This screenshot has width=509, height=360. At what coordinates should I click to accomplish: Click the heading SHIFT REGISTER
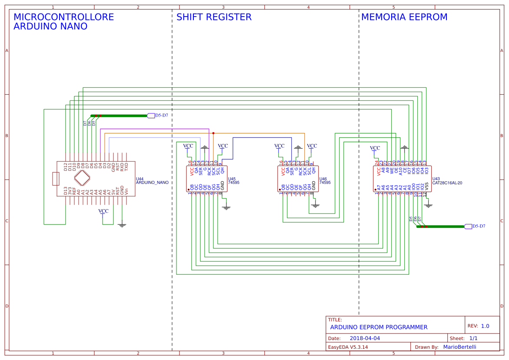[214, 17]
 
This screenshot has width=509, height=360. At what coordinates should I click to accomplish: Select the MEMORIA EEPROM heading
[404, 17]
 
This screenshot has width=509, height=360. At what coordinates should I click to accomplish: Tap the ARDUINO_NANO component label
[152, 183]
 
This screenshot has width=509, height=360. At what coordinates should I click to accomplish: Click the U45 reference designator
[232, 179]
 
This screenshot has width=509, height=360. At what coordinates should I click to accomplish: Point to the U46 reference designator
[323, 179]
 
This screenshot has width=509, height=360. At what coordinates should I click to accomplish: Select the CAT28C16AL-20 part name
[447, 183]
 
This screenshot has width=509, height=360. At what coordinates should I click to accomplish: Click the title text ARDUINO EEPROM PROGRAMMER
[379, 327]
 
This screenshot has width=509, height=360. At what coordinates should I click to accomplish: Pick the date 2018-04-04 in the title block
[365, 338]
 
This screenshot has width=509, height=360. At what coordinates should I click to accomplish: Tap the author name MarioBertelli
[459, 347]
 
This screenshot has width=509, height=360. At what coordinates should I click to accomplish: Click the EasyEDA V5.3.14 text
[348, 347]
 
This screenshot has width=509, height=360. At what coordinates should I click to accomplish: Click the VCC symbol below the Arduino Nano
[103, 211]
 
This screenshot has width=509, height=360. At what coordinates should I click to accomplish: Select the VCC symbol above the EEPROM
[375, 149]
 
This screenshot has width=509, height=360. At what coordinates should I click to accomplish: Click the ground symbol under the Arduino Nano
[122, 225]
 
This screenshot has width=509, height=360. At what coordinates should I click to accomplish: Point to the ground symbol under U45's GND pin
[226, 207]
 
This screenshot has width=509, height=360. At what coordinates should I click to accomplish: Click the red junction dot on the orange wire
[213, 133]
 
